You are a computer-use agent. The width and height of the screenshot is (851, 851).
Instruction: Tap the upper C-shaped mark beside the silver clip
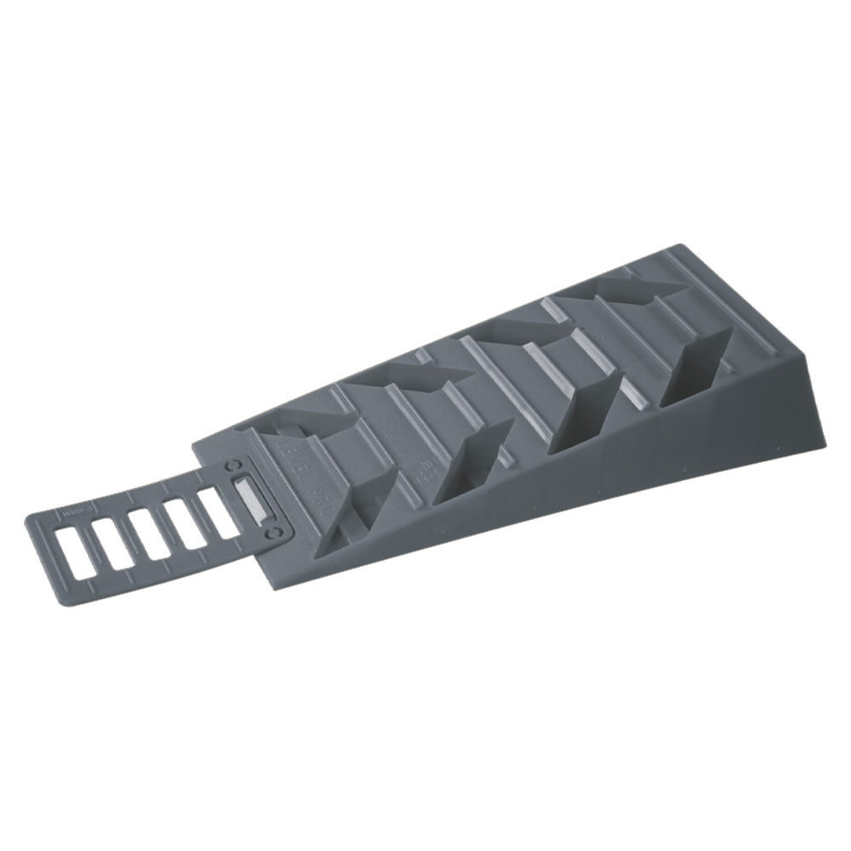tap(233, 469)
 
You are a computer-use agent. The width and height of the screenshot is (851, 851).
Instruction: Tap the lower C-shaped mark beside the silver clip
tap(274, 530)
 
